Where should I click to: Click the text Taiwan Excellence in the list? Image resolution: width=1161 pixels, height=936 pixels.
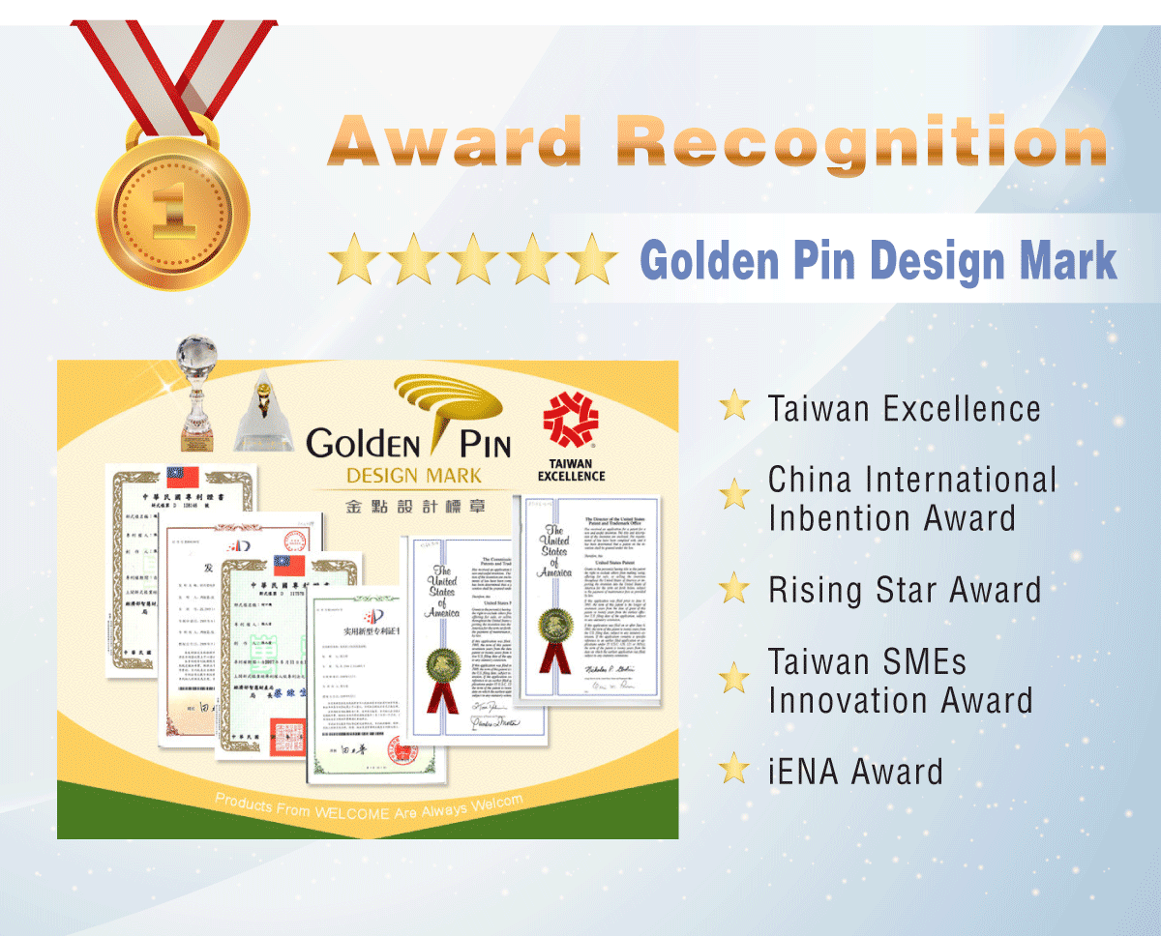point(904,408)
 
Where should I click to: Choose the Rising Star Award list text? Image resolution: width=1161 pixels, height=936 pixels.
point(904,590)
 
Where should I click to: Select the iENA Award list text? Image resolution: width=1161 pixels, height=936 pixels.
point(854,772)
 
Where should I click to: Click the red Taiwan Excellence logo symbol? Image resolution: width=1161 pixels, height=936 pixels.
point(571,422)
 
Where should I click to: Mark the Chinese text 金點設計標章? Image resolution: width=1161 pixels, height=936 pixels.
point(414,507)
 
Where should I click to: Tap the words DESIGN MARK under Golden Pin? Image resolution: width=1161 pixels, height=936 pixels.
point(413,476)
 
